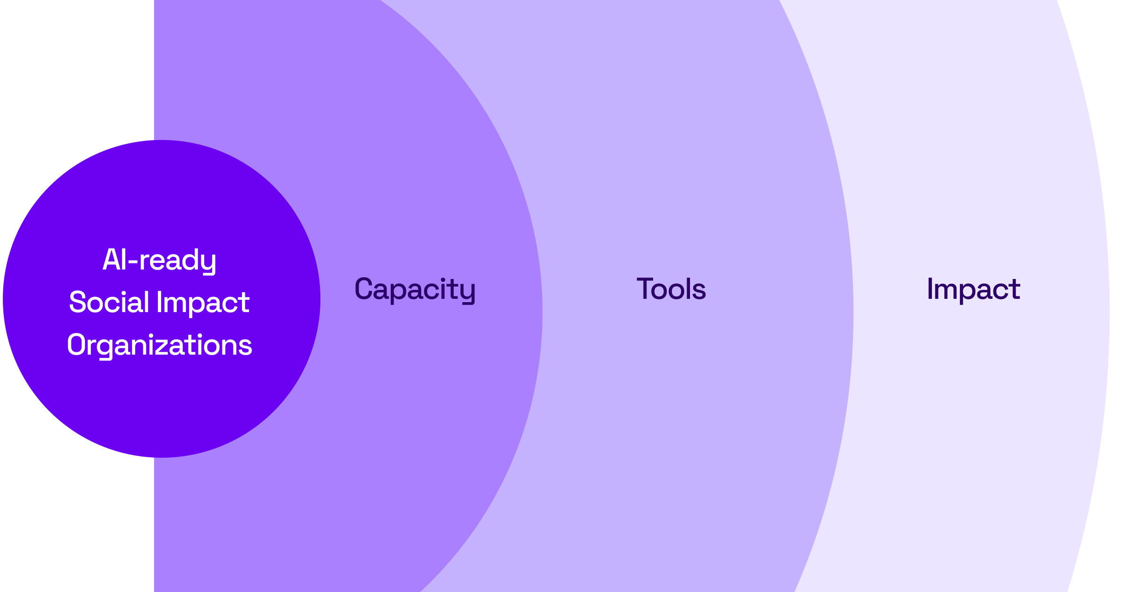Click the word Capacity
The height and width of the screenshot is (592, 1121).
415,289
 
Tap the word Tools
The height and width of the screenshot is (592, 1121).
671,289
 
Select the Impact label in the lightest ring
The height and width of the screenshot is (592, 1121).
973,289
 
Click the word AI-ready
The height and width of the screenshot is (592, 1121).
159,260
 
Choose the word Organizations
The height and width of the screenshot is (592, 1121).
159,345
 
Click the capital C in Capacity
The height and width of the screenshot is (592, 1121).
363,288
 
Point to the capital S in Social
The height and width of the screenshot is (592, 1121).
77,302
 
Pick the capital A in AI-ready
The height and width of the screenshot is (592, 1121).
110,260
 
